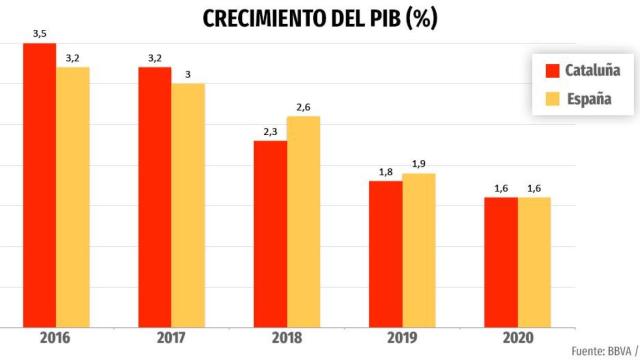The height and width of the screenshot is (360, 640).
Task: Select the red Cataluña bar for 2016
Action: [39, 185]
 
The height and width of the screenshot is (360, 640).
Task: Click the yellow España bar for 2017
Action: [187, 205]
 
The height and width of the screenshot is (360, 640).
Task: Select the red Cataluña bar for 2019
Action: [385, 254]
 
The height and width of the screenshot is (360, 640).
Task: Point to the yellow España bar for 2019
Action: [418, 250]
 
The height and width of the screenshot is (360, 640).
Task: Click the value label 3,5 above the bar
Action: [39, 35]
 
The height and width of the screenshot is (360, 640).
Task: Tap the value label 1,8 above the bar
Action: [385, 172]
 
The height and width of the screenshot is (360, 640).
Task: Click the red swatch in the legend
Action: [551, 71]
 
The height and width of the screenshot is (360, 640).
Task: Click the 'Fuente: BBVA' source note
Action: [606, 351]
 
